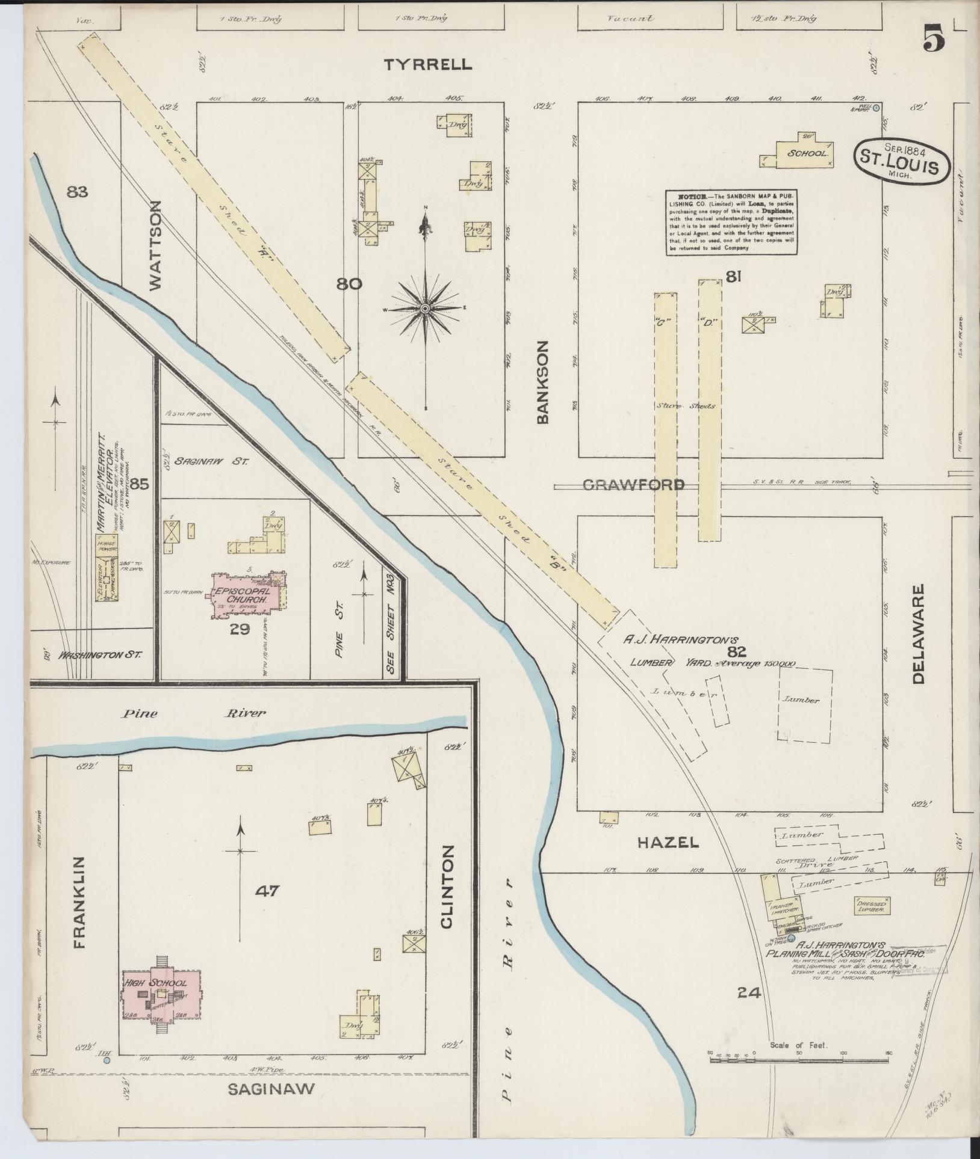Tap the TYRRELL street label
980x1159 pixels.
point(429,65)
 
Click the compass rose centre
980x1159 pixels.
point(425,309)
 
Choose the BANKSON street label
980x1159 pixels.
point(544,383)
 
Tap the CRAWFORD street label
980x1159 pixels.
point(633,485)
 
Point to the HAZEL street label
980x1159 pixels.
point(668,843)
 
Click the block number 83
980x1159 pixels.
point(78,192)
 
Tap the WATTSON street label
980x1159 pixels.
point(155,245)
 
